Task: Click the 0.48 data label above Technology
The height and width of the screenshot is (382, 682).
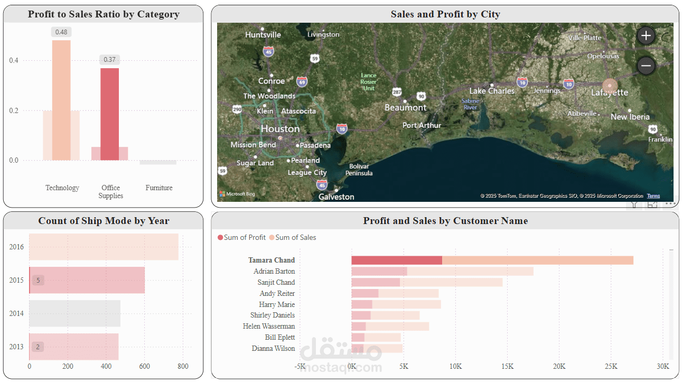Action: (x=61, y=32)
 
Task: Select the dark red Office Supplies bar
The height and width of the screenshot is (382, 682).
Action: (x=109, y=114)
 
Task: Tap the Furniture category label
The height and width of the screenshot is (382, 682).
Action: (x=159, y=188)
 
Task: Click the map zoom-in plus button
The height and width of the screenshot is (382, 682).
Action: (x=646, y=36)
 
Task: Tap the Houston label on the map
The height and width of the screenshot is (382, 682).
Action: (x=280, y=129)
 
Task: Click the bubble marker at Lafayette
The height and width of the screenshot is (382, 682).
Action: (x=610, y=87)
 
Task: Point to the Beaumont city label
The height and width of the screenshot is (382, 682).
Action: (x=405, y=107)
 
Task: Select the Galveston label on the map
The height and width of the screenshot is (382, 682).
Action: (x=337, y=197)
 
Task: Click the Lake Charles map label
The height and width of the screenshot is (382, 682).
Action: (x=491, y=91)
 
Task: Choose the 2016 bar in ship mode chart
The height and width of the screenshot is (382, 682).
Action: (x=104, y=247)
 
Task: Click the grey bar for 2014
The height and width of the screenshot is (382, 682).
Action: (x=74, y=313)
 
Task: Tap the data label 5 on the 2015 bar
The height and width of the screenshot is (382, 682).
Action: (x=38, y=280)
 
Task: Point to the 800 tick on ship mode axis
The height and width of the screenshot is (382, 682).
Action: (x=183, y=366)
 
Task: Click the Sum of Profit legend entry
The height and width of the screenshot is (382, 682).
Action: (x=241, y=237)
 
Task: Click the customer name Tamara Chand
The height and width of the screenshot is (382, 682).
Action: (x=272, y=260)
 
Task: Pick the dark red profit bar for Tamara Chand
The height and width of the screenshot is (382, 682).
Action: (x=396, y=260)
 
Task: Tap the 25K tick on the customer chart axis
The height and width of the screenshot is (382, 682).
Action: (x=611, y=366)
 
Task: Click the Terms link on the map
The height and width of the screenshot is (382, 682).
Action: (x=653, y=196)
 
